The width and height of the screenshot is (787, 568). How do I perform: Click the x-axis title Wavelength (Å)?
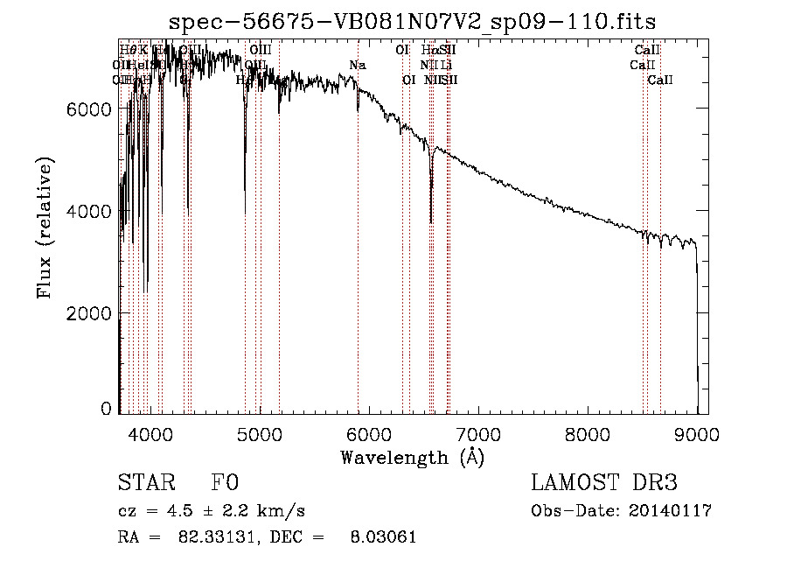click(412, 457)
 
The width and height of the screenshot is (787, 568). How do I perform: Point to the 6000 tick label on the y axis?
click(92, 109)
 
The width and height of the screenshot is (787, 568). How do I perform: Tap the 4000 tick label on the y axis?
click(92, 211)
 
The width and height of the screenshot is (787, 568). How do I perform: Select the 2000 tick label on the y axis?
click(92, 313)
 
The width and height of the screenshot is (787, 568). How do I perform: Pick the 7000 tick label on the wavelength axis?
click(477, 433)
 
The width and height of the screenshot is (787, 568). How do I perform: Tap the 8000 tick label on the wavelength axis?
click(588, 433)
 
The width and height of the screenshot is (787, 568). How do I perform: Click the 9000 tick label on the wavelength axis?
click(697, 433)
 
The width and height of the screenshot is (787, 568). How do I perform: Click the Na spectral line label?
click(357, 66)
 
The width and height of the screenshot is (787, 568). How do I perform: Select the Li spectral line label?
click(446, 66)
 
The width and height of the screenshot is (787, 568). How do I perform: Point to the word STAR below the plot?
click(145, 483)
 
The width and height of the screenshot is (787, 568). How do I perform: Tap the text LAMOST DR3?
click(604, 483)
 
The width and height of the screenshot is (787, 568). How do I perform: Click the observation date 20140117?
click(671, 511)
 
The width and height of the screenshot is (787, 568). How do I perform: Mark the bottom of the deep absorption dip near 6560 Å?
click(431, 222)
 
